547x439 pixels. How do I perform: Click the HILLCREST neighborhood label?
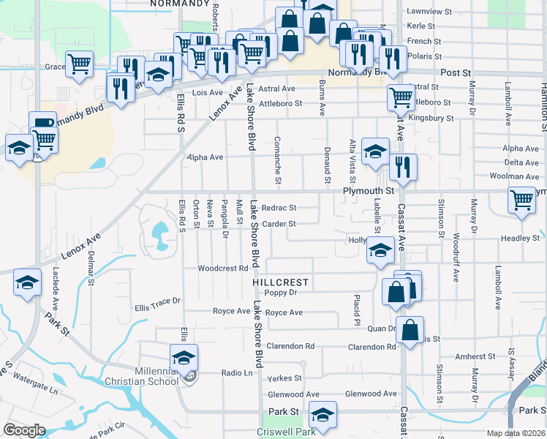pyautogui.click(x=281, y=282)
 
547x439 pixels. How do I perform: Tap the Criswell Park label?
pyautogui.click(x=286, y=432)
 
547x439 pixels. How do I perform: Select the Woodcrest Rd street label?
pyautogui.click(x=222, y=269)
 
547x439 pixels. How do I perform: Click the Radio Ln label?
pyautogui.click(x=237, y=372)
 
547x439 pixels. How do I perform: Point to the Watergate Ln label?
pyautogui.click(x=29, y=380)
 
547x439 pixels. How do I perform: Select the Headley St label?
pyautogui.click(x=520, y=239)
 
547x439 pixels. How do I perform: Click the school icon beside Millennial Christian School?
pyautogui.click(x=184, y=358)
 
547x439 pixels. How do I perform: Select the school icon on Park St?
pyautogui.click(x=322, y=414)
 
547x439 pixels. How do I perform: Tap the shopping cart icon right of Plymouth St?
pyautogui.click(x=521, y=200)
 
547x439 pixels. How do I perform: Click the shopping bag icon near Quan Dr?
pyautogui.click(x=410, y=330)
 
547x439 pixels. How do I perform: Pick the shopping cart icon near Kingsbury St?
pyautogui.click(x=401, y=97)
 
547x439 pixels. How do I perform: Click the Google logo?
pyautogui.click(x=24, y=430)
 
